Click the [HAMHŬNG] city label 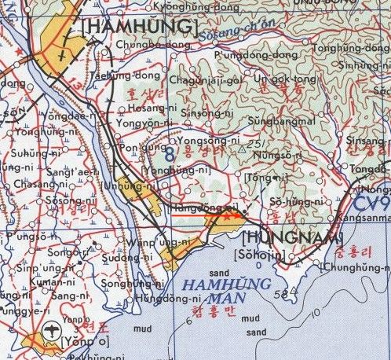pyautogui.click(x=137, y=28)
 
